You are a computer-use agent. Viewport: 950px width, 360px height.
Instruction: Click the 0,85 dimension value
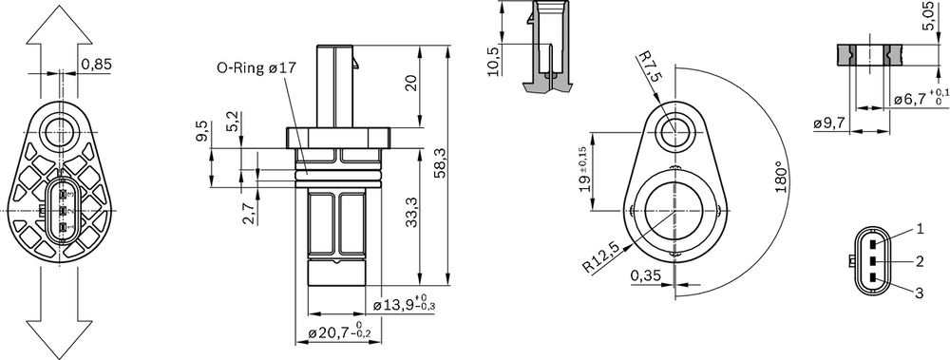[95, 65]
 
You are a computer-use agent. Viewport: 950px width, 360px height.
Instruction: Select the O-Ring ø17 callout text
[256, 68]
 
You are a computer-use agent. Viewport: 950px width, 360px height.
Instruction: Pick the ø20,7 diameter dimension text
[340, 332]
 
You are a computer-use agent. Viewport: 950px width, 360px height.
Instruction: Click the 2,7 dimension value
[249, 213]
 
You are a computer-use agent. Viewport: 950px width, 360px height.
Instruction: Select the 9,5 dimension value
[201, 131]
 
